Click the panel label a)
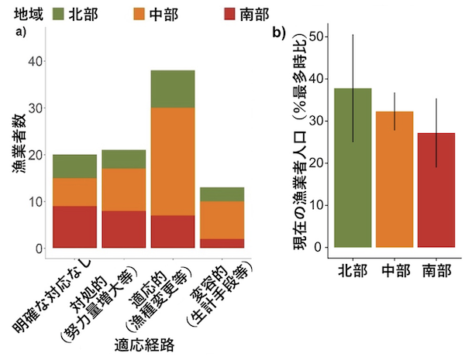click(22, 33)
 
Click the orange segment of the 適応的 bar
click(173, 161)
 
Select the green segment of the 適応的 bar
click(173, 88)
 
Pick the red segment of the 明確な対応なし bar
click(74, 227)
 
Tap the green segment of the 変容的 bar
click(222, 194)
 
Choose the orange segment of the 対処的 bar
click(124, 190)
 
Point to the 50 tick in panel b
click(315, 36)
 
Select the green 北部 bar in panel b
click(353, 167)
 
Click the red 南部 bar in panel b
click(436, 190)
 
